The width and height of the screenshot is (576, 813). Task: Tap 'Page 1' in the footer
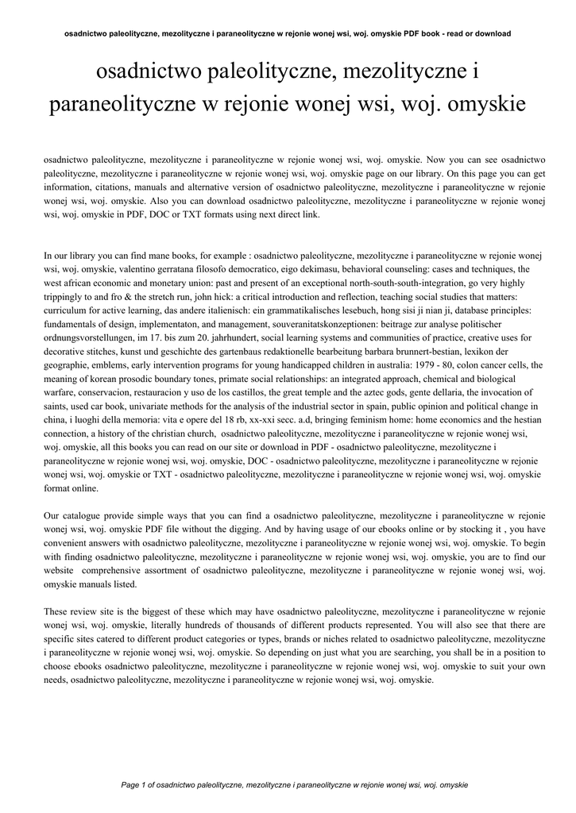tap(137, 784)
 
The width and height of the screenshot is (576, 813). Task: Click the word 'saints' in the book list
tap(56, 406)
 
